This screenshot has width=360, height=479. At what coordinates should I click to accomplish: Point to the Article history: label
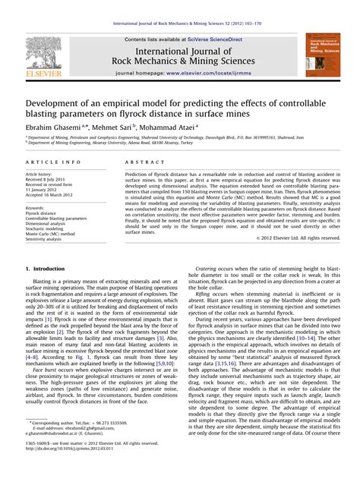tap(41, 175)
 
